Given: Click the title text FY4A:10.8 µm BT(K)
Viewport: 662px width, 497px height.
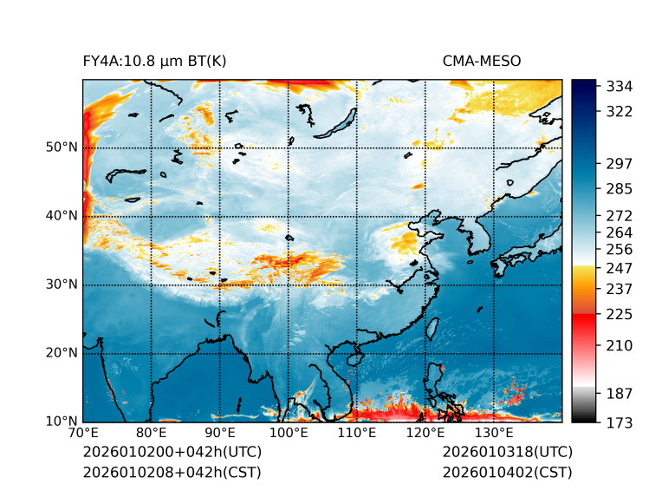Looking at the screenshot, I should tap(155, 61).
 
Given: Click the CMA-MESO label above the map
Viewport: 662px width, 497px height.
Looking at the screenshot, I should tap(481, 61).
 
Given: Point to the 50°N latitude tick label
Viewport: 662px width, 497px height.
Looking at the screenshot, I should tap(62, 147).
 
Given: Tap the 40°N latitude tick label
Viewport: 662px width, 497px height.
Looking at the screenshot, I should tap(62, 216).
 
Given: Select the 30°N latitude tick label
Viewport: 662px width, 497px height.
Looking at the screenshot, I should tap(62, 284).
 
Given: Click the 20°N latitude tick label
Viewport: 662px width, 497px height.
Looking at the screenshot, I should tap(62, 353).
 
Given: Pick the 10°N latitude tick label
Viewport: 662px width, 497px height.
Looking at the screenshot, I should tap(62, 422).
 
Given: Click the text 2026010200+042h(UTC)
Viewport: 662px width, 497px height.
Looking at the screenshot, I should tap(172, 453).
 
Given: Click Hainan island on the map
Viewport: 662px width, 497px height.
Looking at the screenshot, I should tap(354, 359).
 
